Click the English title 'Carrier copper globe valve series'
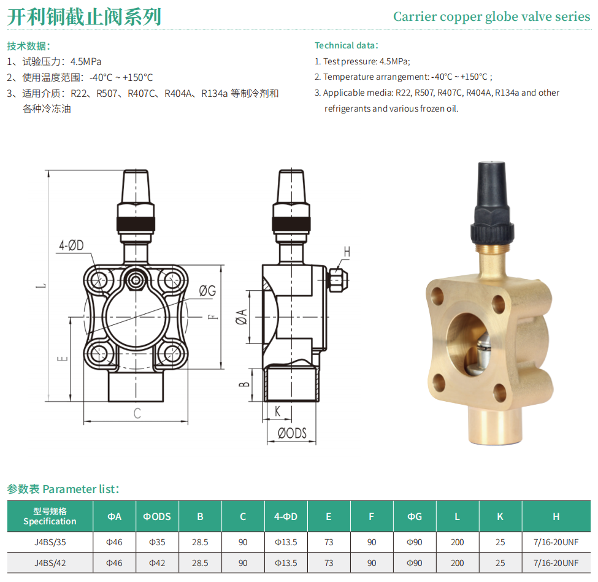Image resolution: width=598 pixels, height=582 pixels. click(492, 17)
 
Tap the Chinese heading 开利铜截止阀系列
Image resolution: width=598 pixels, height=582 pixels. click(84, 17)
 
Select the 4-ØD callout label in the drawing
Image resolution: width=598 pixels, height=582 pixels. click(71, 245)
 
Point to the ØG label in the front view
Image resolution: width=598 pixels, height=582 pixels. click(207, 291)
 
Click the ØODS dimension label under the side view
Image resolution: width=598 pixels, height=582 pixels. click(292, 433)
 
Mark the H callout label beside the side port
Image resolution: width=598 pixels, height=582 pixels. click(347, 251)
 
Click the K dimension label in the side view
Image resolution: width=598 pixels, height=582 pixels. click(277, 411)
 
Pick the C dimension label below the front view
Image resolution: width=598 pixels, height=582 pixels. click(137, 413)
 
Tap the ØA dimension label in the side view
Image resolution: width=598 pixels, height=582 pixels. click(242, 317)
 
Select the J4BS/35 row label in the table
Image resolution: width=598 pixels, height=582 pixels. click(50, 542)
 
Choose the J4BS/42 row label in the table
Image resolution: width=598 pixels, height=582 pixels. click(50, 563)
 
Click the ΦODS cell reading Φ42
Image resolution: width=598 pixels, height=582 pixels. click(157, 563)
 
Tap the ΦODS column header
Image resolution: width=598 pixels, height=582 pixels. click(157, 516)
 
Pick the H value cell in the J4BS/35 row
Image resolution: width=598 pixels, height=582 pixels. click(556, 542)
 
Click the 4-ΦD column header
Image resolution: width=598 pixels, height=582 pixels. click(286, 516)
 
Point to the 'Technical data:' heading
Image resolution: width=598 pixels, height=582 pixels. click(347, 45)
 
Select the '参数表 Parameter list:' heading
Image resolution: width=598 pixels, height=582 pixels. click(63, 489)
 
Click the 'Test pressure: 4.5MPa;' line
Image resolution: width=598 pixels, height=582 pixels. click(362, 61)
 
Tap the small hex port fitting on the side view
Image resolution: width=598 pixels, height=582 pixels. click(337, 280)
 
